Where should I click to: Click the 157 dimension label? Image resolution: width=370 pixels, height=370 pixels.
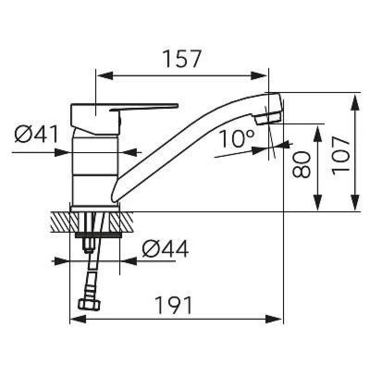(x=182, y=59)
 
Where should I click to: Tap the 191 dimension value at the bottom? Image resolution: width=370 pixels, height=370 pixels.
(x=172, y=306)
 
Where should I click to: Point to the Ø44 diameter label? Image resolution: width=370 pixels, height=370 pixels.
(x=165, y=249)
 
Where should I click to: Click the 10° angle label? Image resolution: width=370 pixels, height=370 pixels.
(x=236, y=138)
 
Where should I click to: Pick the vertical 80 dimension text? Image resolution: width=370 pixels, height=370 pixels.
(x=301, y=164)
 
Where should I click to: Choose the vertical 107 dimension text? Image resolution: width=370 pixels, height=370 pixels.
(x=341, y=155)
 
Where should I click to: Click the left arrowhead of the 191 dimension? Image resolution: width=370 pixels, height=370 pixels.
(x=76, y=319)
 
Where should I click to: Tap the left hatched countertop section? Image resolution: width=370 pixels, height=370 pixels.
(x=60, y=222)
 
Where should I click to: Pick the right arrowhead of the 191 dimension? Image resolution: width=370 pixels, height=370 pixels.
(x=276, y=319)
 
